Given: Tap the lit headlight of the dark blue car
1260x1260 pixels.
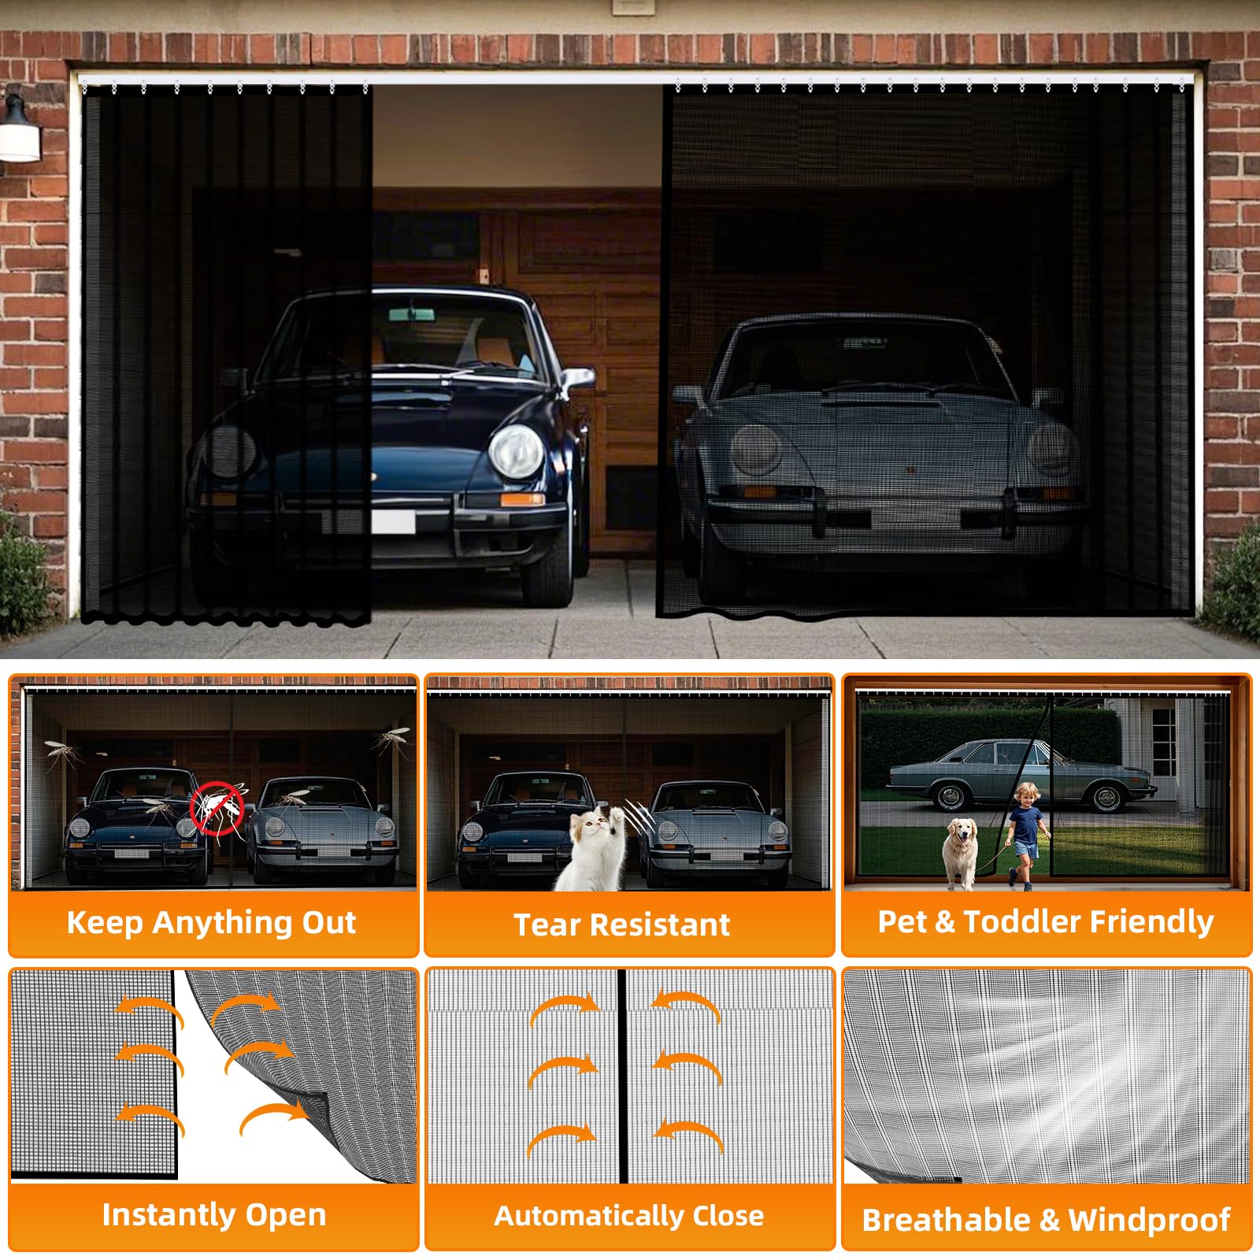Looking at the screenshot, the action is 516,452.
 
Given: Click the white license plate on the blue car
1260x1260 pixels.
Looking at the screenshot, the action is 393,522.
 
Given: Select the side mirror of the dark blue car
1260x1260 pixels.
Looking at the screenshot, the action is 577,379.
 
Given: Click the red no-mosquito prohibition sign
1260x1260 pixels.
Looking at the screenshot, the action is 217,808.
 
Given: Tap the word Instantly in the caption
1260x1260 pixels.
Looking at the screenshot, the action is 169,1215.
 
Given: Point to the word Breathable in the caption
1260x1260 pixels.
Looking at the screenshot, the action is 946,1220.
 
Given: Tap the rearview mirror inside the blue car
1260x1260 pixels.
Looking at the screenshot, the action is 411,314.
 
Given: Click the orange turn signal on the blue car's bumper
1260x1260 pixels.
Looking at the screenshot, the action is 522,498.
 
